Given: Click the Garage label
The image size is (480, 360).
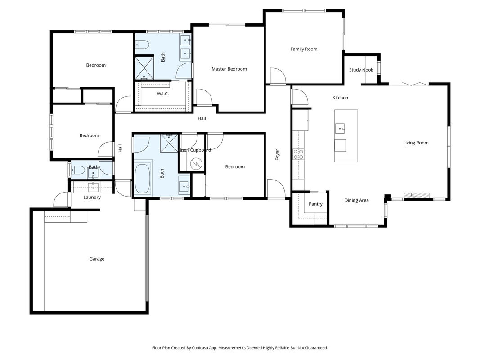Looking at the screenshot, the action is point(97,259).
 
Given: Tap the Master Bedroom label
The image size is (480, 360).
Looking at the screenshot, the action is point(229,69).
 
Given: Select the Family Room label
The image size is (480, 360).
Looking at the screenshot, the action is point(304,49).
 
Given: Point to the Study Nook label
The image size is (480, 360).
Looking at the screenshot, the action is point(361,70).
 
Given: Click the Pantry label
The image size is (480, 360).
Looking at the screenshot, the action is point(315,204).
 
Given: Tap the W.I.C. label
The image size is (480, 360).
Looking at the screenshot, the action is point(162,94).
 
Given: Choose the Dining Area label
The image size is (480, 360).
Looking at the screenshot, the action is point(356,201).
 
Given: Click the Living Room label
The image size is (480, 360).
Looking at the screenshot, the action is point(415,143).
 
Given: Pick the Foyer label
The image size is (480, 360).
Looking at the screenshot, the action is point(278,155).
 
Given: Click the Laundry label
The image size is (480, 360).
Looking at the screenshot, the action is point(92,198).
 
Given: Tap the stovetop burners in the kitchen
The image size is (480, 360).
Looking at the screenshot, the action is point(298,154).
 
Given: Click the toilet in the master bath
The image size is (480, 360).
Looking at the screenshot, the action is point(142,45).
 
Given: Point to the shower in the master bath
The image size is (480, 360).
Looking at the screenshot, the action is point(144,68).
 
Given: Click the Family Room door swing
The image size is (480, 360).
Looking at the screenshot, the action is point(278,76).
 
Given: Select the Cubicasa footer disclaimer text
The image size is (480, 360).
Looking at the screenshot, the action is point(240,348).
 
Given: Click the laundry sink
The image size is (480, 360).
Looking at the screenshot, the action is point(92,187).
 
